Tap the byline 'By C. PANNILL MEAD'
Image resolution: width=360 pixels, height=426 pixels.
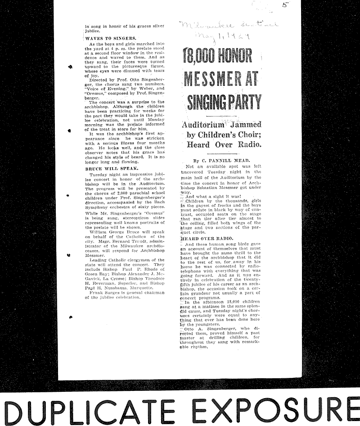[x=222, y=160]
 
